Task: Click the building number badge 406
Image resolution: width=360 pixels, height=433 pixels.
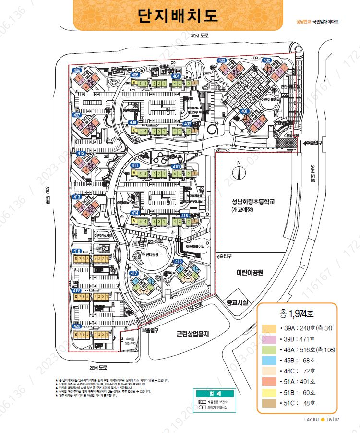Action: click(x=77, y=71)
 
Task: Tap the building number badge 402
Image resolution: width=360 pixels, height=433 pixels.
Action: click(x=267, y=60)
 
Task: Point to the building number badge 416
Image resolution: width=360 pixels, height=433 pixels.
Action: click(x=179, y=262)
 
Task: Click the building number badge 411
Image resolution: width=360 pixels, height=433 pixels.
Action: click(x=135, y=166)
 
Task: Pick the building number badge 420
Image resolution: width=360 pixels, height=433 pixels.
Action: click(x=77, y=326)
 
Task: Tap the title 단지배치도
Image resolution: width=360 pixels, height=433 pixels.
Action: click(x=178, y=15)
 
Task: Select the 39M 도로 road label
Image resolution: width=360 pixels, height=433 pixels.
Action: click(x=199, y=36)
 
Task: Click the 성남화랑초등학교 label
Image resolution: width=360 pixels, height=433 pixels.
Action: click(x=252, y=202)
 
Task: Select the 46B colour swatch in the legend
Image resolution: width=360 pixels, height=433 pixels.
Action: click(x=268, y=360)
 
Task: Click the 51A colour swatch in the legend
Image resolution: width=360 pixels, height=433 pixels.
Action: click(x=268, y=382)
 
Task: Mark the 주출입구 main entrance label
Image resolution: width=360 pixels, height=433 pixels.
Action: click(x=312, y=143)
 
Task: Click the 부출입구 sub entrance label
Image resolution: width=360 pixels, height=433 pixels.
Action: click(x=150, y=330)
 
